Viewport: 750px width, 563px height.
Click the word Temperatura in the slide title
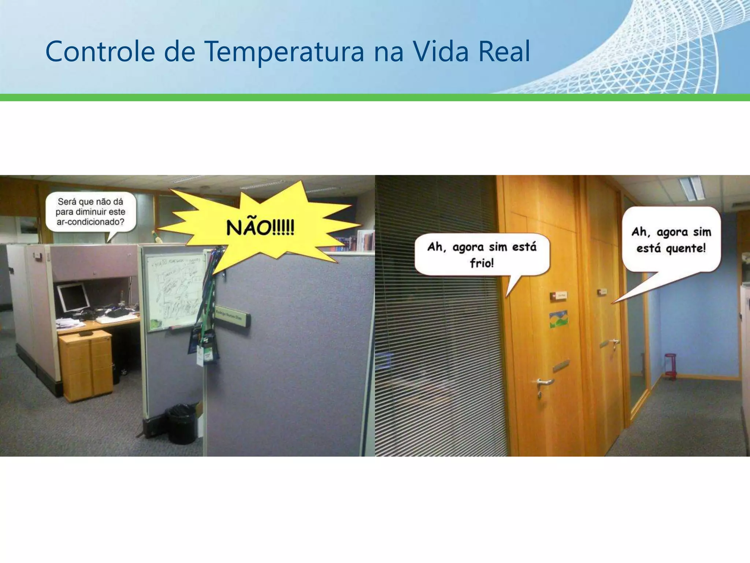(284, 52)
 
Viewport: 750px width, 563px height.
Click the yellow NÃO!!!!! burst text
(260, 228)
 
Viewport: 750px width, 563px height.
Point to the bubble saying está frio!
(482, 254)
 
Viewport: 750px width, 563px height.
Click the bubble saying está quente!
(671, 240)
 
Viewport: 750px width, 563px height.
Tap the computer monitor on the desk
(73, 297)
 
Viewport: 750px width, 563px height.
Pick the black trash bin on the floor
(181, 423)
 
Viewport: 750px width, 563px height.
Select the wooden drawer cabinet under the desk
(86, 365)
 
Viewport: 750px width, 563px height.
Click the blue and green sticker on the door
(559, 319)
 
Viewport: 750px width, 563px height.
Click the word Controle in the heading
(100, 52)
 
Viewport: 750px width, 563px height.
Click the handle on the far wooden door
(611, 343)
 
